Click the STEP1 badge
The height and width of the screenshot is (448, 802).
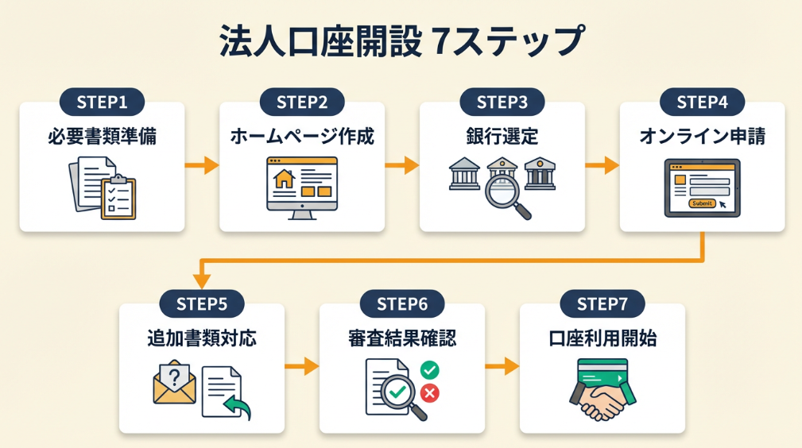tap(102, 102)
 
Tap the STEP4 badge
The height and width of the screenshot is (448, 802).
tap(702, 102)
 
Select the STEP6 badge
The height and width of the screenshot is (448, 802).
tap(401, 304)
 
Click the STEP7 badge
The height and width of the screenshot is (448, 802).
tap(602, 304)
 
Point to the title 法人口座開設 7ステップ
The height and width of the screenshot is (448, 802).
tap(401, 42)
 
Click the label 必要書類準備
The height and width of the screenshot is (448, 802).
tap(102, 137)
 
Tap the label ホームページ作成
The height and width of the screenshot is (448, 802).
tap(302, 137)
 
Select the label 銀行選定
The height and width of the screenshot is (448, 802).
tap(502, 137)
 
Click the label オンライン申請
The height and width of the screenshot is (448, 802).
tap(702, 137)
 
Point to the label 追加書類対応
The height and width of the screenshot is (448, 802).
tap(202, 339)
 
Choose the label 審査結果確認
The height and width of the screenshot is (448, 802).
tap(401, 339)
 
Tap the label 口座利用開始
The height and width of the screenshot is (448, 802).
tap(602, 339)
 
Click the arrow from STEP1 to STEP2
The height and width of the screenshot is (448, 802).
tap(202, 165)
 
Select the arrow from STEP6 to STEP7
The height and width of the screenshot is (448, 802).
tap(502, 366)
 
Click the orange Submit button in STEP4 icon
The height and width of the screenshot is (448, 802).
tap(703, 203)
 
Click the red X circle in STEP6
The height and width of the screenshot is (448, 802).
tap(430, 392)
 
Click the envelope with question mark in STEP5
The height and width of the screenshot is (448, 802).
tap(174, 381)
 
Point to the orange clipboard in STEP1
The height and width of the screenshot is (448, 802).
tap(118, 196)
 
